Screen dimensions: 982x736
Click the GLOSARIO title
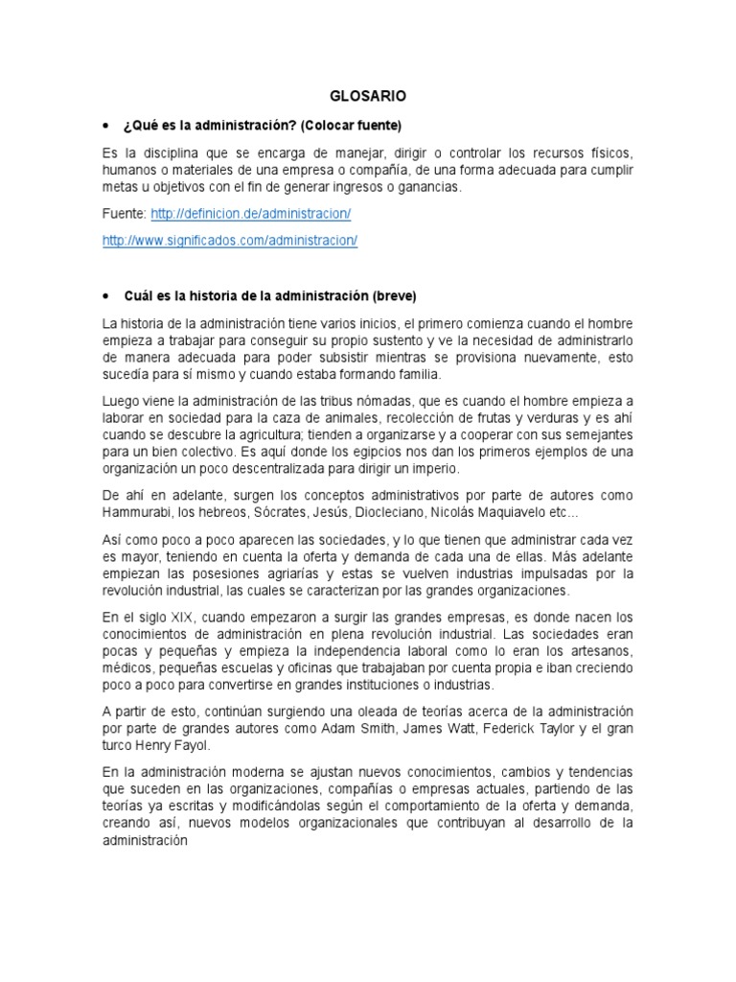tap(368, 96)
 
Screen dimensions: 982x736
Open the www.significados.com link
tap(229, 241)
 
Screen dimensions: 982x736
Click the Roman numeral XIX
tap(180, 616)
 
